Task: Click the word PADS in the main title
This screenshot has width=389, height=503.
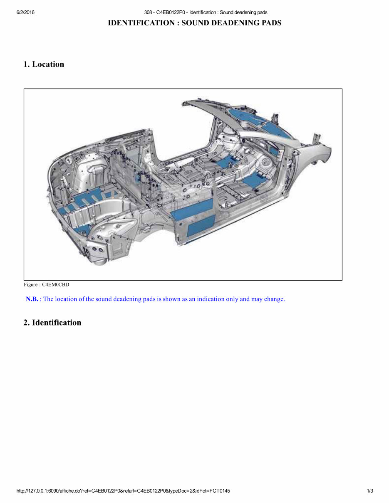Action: pyautogui.click(x=270, y=23)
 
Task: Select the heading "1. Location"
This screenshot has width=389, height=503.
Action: pyautogui.click(x=44, y=64)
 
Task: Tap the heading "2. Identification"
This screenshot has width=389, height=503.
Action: pyautogui.click(x=52, y=323)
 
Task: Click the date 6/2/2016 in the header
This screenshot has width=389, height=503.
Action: pyautogui.click(x=25, y=12)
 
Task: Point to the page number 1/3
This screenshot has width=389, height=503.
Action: pyautogui.click(x=370, y=491)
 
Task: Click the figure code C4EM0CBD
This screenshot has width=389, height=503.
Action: pyautogui.click(x=55, y=285)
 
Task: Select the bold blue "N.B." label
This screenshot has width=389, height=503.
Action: pyautogui.click(x=32, y=299)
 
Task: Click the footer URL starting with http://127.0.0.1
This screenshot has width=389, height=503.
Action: pyautogui.click(x=123, y=491)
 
